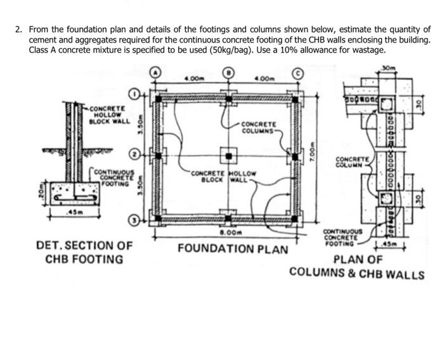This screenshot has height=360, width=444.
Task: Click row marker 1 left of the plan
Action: pos(134,94)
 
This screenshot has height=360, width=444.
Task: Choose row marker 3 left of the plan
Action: pos(134,219)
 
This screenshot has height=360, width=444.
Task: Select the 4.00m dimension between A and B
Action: pos(192,79)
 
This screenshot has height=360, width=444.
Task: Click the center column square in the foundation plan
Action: pos(228,155)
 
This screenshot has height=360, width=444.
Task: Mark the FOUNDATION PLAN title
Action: pos(233,248)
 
